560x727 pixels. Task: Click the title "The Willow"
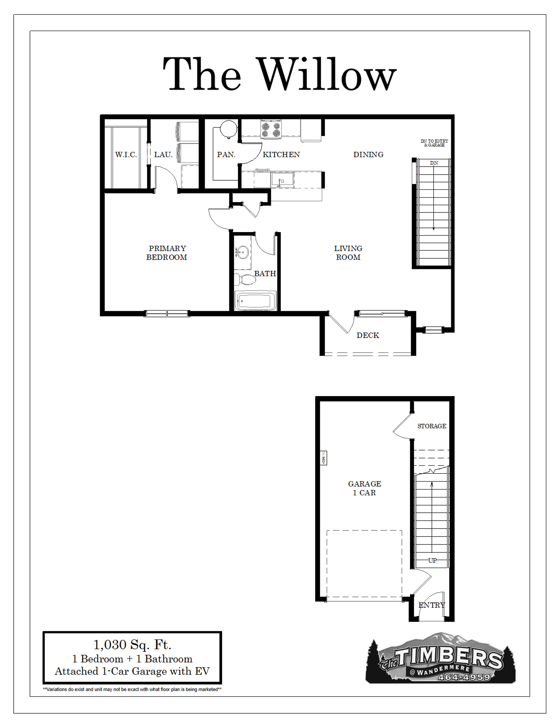pyautogui.click(x=280, y=74)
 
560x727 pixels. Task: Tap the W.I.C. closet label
pyautogui.click(x=126, y=154)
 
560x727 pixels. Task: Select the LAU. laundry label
pyautogui.click(x=163, y=154)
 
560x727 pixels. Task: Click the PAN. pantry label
pyautogui.click(x=226, y=154)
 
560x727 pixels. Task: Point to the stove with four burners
pyautogui.click(x=271, y=129)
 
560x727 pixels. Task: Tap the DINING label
pyautogui.click(x=368, y=154)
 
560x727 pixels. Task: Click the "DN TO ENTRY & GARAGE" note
pyautogui.click(x=434, y=143)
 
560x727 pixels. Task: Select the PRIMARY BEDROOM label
pyautogui.click(x=167, y=253)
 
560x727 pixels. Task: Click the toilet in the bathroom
pyautogui.click(x=246, y=280)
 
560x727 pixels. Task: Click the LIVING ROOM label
pyautogui.click(x=348, y=253)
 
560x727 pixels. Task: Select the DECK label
pyautogui.click(x=368, y=335)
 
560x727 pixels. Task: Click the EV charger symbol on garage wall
pyautogui.click(x=324, y=458)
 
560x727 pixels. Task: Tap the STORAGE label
pyautogui.click(x=432, y=426)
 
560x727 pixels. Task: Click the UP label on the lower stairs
pyautogui.click(x=432, y=560)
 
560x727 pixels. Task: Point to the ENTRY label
pyautogui.click(x=432, y=605)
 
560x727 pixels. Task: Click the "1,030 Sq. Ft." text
pyautogui.click(x=132, y=644)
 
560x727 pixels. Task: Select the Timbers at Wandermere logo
pyautogui.click(x=441, y=658)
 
